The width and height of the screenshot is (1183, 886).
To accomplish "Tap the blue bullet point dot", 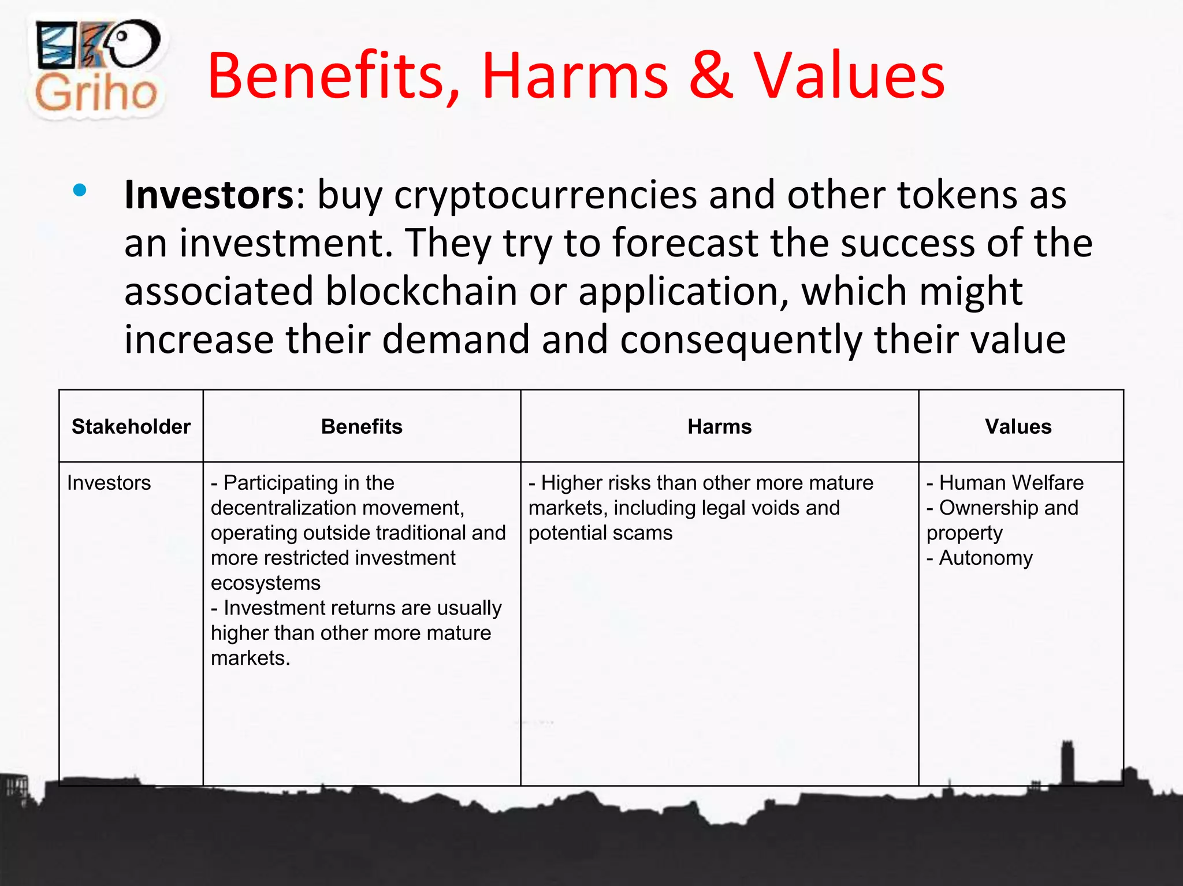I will point(80,190).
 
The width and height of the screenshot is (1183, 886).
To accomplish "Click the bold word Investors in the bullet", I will point(209,195).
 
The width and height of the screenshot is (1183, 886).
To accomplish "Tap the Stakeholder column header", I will point(131,426).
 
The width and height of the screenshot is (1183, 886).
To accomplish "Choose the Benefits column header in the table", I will point(362,426).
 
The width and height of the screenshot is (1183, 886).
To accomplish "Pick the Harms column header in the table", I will point(719,426).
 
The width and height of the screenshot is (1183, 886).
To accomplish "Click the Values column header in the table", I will point(1018,426).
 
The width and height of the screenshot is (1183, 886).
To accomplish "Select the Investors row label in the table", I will point(109,482).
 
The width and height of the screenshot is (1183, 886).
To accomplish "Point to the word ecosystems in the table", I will point(265,583).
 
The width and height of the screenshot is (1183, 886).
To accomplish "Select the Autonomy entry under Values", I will point(985,557).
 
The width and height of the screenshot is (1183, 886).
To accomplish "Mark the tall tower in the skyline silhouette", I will point(1067,762).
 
